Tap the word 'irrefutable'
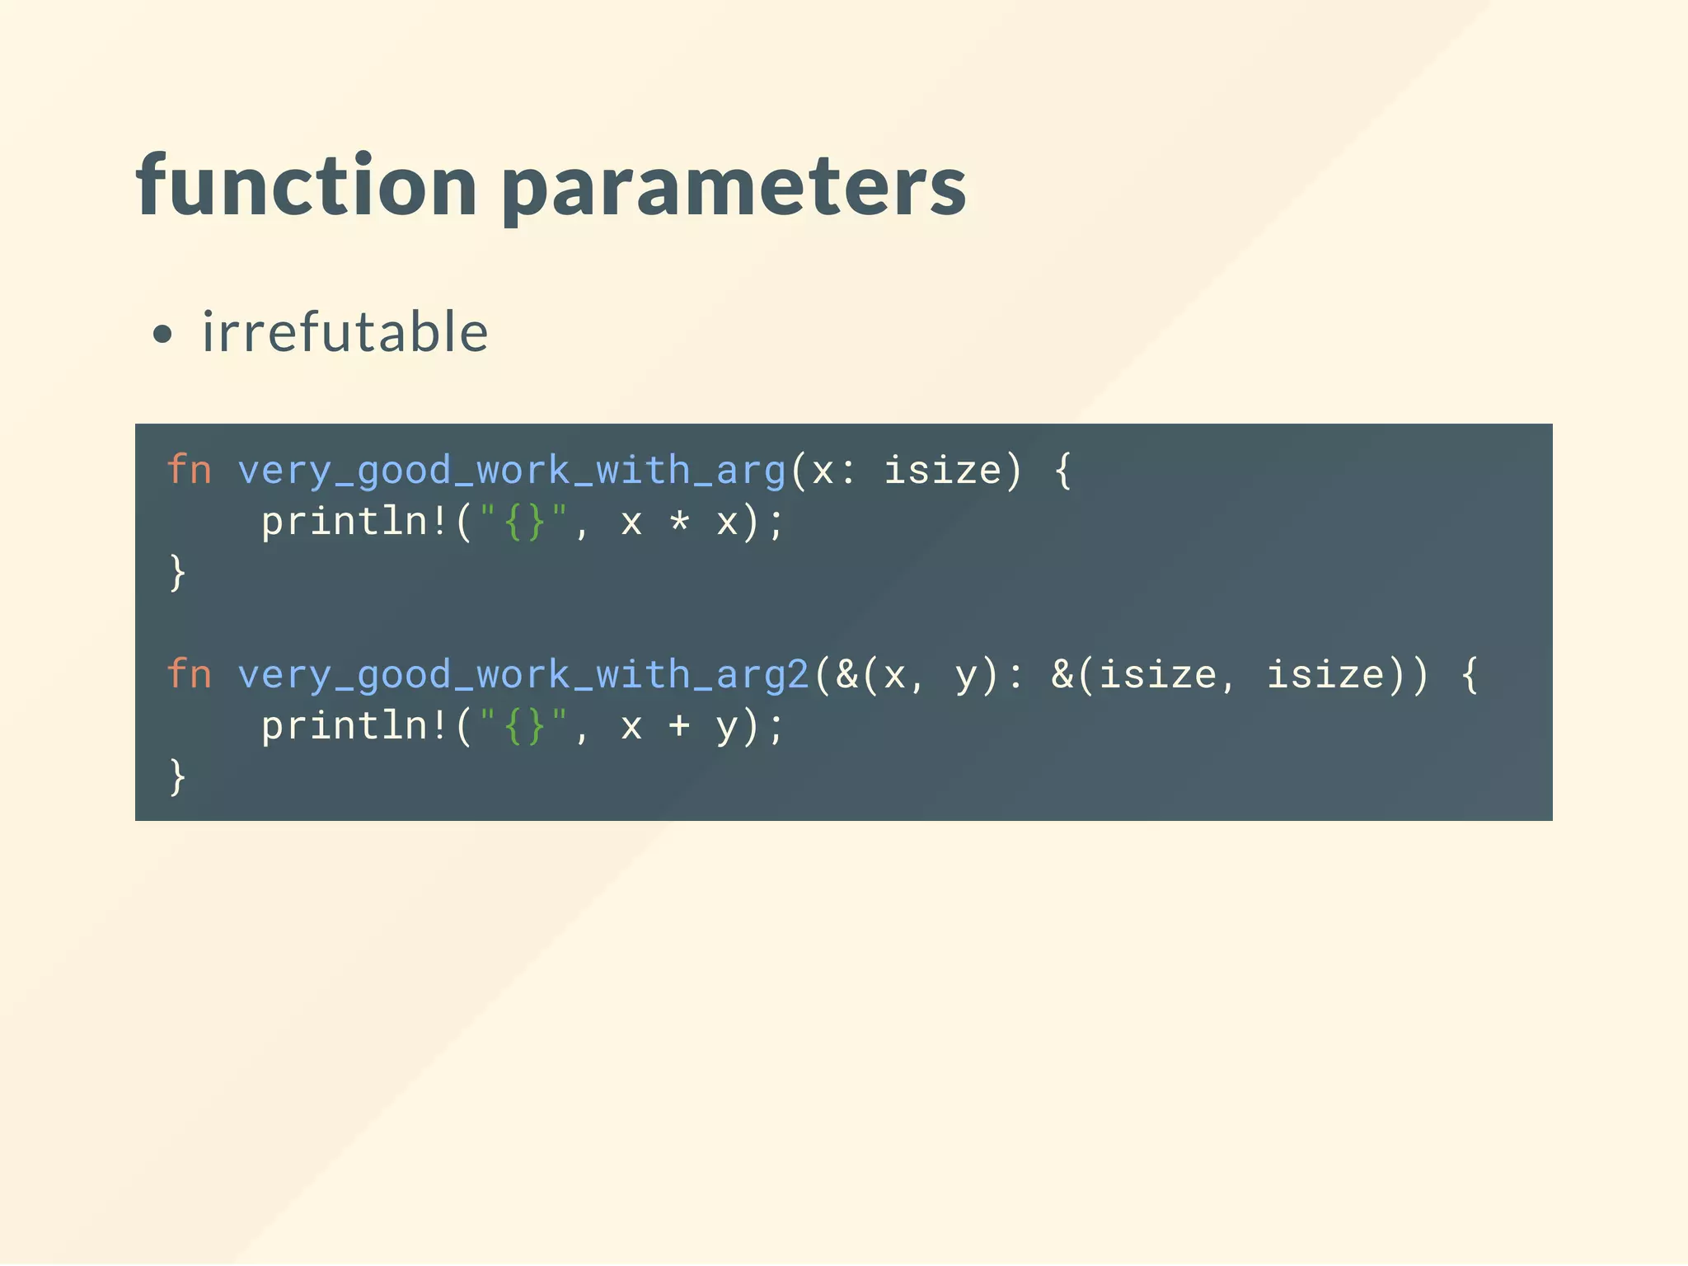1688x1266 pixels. pos(345,332)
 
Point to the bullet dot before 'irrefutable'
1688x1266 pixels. pos(163,334)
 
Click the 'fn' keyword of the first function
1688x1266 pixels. pos(189,471)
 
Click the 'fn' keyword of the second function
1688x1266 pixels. pos(189,675)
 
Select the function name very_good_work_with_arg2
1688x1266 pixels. pos(523,675)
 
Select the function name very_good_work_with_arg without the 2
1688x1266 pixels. pos(511,471)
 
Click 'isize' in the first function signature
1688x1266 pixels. pos(942,471)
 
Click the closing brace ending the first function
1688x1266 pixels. pos(177,573)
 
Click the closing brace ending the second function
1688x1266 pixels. pos(177,777)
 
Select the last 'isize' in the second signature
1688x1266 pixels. pos(1325,675)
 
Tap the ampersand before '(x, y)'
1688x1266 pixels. pos(846,675)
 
